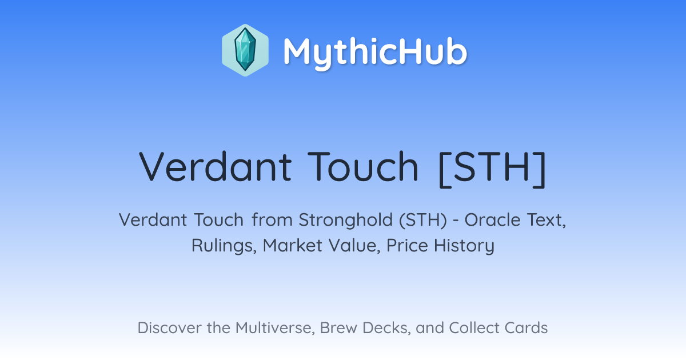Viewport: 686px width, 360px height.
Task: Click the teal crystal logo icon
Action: (245, 50)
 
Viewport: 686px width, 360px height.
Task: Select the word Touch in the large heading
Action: (363, 166)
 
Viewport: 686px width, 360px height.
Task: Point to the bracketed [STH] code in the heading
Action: (492, 169)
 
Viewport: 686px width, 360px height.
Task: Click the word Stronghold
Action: (346, 221)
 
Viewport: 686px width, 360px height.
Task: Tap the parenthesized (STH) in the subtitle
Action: (423, 221)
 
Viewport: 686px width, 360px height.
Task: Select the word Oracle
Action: (492, 220)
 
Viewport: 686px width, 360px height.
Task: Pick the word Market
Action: (293, 246)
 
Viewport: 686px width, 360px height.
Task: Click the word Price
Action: (407, 246)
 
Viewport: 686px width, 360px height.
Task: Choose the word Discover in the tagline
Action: (170, 327)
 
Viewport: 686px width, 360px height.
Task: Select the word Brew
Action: (338, 327)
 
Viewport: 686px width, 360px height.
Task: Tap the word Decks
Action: (386, 327)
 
